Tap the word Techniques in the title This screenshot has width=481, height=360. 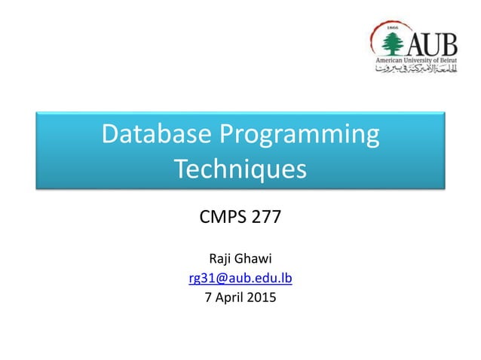coord(240,169)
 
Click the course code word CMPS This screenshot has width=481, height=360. coord(223,219)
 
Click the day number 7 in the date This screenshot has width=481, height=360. coord(209,297)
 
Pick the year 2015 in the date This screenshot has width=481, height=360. coord(262,297)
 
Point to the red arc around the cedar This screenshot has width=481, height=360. coord(375,38)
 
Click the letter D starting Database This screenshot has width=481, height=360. coord(109,136)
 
